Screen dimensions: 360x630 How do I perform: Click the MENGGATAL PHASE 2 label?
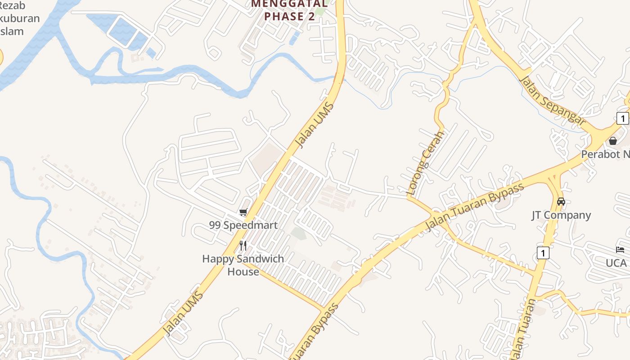pos(289,10)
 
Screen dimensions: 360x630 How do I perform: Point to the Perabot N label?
pos(605,154)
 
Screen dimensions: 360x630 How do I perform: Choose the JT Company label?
pos(561,215)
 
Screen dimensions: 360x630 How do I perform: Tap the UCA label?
pos(616,263)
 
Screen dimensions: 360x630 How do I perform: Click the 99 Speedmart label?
pos(243,225)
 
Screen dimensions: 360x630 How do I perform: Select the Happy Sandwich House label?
pos(243,265)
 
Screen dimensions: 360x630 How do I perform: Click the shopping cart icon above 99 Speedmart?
pos(243,212)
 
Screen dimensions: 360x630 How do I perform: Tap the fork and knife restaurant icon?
pos(243,245)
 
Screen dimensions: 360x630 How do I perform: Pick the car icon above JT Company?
pos(561,202)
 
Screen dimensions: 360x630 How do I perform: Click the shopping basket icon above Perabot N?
pos(612,141)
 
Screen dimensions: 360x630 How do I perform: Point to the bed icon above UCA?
pos(620,250)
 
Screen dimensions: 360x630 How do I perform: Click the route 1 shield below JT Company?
pos(543,253)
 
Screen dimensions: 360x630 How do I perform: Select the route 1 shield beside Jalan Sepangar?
pos(622,119)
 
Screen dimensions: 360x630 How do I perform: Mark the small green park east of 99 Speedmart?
pos(298,233)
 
